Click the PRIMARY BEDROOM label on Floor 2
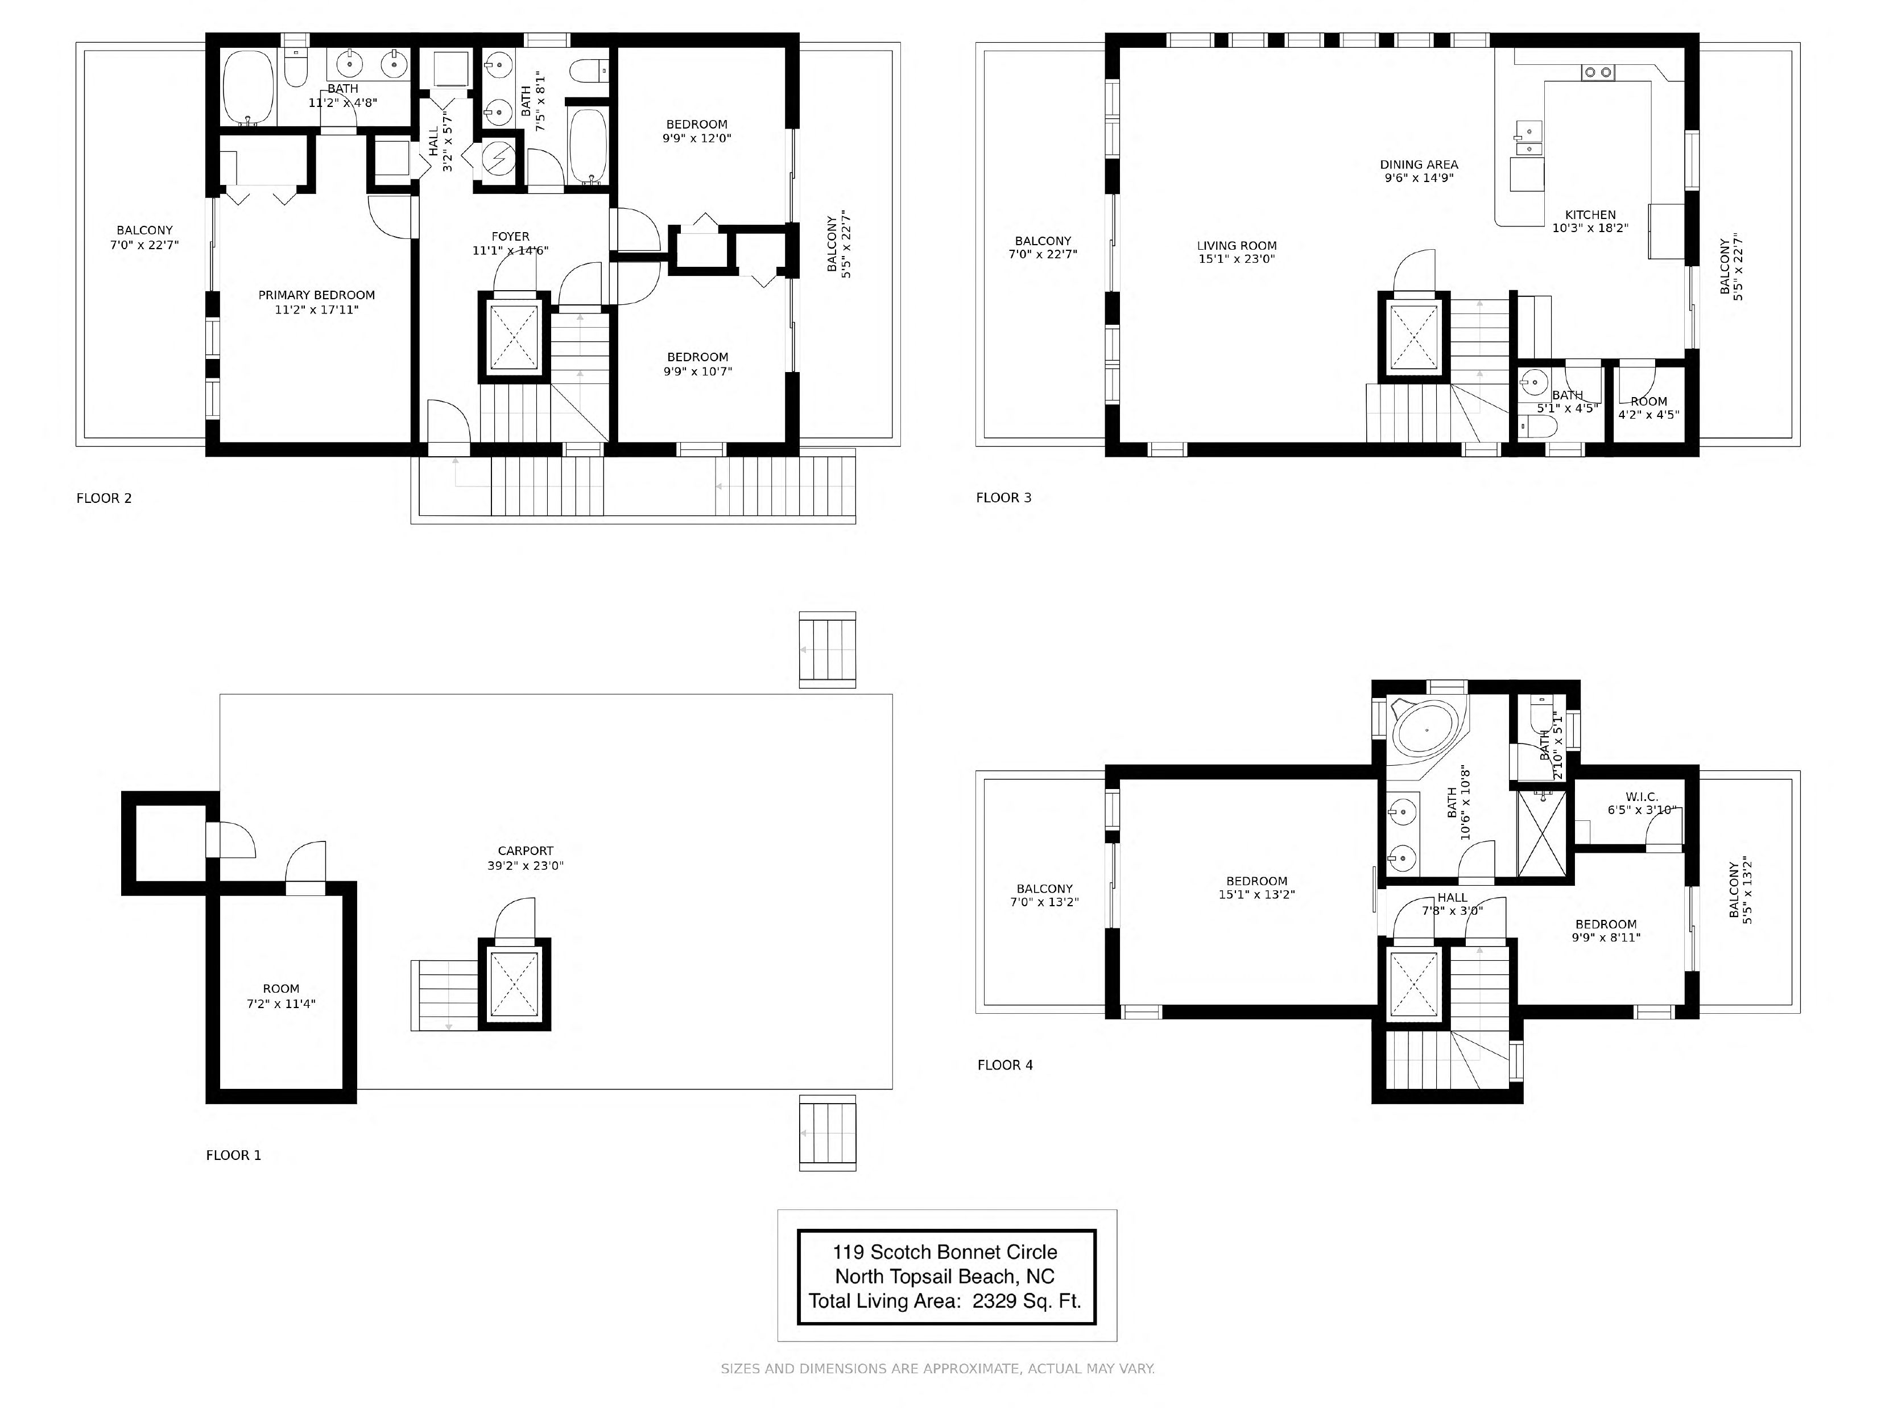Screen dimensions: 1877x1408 point(316,295)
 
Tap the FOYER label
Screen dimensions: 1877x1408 point(510,237)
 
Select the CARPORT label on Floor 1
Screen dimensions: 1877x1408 point(526,850)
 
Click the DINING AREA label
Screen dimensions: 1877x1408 point(1419,164)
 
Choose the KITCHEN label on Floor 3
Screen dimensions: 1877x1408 point(1590,214)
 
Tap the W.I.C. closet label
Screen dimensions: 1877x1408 point(1641,797)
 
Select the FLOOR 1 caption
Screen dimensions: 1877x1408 point(233,1155)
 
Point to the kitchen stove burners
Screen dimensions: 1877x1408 point(1598,73)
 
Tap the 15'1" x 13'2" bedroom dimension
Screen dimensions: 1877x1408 point(1256,894)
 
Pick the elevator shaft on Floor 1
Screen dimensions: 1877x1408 point(514,985)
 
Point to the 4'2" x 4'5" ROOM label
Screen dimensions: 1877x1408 point(1649,408)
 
